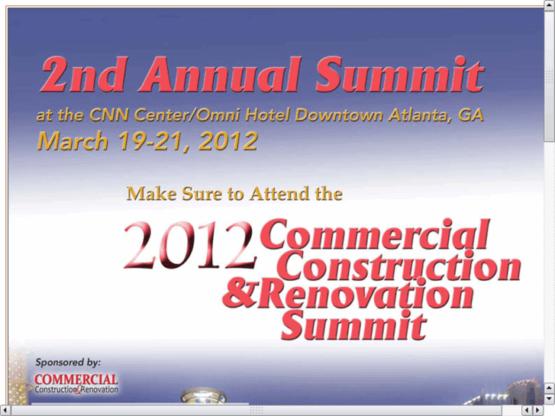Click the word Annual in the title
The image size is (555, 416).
[x=220, y=74]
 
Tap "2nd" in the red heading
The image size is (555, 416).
[x=83, y=74]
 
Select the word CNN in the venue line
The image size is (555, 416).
[x=108, y=114]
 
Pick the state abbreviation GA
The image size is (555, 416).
[x=470, y=114]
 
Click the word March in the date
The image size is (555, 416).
[x=73, y=141]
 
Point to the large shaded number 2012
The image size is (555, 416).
[x=190, y=245]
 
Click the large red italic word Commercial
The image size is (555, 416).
[x=375, y=234]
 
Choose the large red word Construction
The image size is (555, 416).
[x=402, y=265]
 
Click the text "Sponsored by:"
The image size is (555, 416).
[x=68, y=362]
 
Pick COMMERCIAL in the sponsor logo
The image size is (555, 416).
[x=76, y=379]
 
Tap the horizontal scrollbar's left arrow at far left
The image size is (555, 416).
[x=5, y=411]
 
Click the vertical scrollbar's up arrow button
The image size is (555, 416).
[x=550, y=5]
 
